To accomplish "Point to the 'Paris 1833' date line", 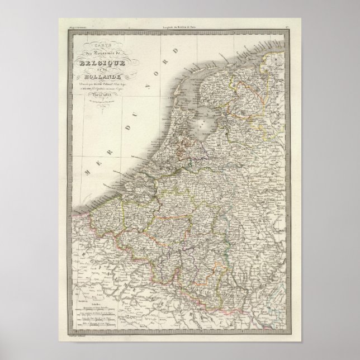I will pos(103,93).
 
